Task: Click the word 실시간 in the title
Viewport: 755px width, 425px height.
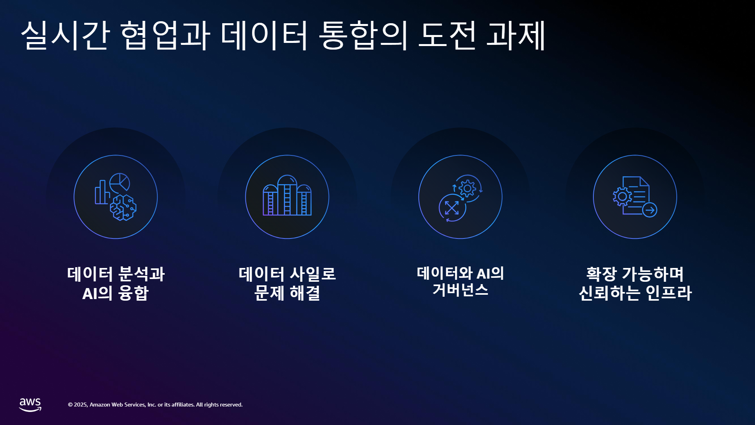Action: [x=65, y=35]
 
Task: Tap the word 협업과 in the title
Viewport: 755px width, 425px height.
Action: [x=165, y=35]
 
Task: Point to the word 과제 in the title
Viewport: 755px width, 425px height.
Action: [x=516, y=35]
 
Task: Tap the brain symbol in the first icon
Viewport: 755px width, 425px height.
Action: [x=123, y=207]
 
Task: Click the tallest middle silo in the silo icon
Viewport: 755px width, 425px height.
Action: [x=287, y=195]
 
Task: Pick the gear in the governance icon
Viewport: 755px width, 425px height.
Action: [x=468, y=188]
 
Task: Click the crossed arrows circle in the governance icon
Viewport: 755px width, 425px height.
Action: [x=452, y=208]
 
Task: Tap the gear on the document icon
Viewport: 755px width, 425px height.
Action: [x=622, y=196]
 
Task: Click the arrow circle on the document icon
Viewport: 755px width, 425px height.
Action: [x=650, y=210]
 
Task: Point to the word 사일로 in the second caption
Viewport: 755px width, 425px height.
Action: [x=313, y=274]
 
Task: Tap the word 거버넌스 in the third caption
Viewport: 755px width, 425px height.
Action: [x=460, y=290]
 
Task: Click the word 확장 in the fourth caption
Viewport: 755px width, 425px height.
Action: [x=601, y=274]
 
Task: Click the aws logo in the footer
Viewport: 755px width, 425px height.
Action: [x=30, y=405]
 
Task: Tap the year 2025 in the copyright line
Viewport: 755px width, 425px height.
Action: [x=81, y=405]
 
